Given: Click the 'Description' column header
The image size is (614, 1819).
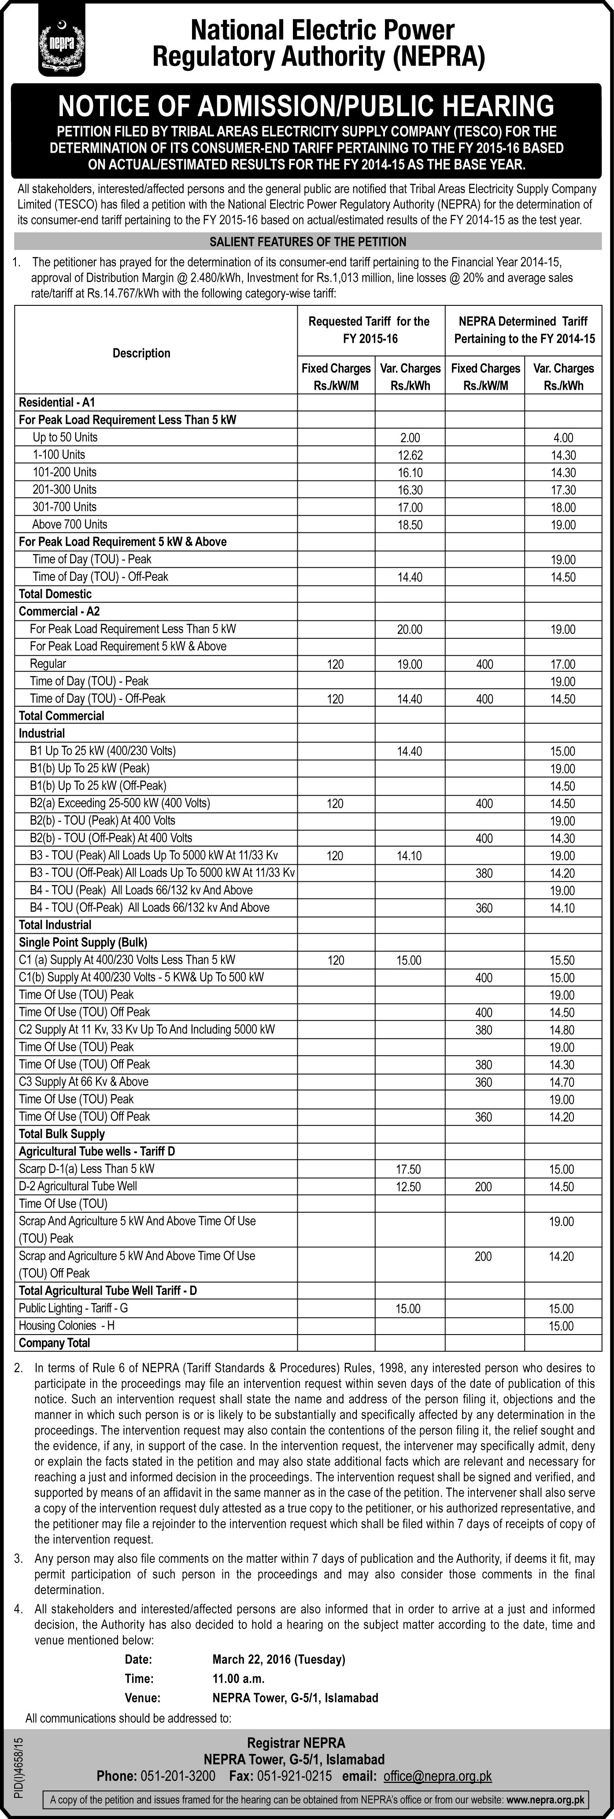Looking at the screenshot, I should (141, 353).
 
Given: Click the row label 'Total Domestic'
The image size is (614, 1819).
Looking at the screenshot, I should (55, 594).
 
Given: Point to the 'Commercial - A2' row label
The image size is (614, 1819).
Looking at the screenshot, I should (59, 612).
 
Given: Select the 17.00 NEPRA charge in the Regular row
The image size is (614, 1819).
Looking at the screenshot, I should (563, 664).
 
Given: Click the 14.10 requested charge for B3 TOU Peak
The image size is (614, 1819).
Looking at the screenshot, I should (410, 856).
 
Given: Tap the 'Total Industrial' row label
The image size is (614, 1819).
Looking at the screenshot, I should (55, 925).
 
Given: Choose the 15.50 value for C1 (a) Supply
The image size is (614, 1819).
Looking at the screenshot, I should (563, 961).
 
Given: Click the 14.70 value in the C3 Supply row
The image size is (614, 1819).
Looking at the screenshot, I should (563, 1082).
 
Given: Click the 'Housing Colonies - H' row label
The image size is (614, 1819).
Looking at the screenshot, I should (67, 1326).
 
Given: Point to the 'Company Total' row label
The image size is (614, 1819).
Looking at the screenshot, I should (55, 1343).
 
